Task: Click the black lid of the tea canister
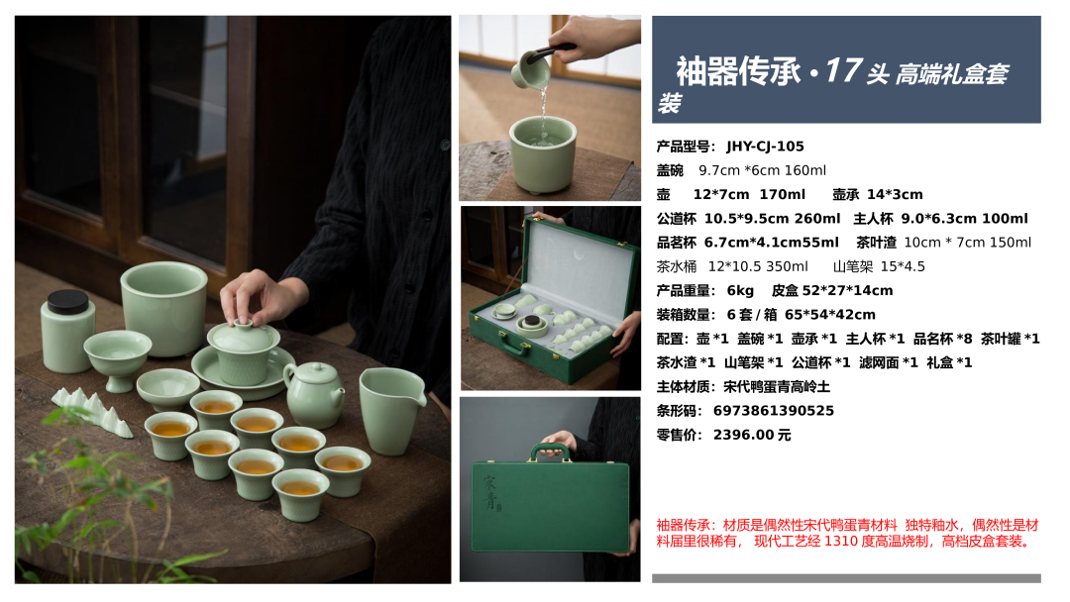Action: click(x=67, y=301)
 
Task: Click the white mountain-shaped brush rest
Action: click(x=93, y=411)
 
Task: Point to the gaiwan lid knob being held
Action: click(x=243, y=324)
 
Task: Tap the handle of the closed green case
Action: click(x=550, y=451)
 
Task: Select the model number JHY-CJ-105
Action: click(x=765, y=147)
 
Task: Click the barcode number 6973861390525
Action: click(x=773, y=411)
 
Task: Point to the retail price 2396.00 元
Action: click(x=752, y=435)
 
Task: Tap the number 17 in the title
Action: click(x=843, y=70)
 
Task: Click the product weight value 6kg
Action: click(x=740, y=291)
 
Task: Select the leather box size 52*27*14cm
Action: click(x=847, y=291)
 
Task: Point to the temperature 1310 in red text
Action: click(x=839, y=542)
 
